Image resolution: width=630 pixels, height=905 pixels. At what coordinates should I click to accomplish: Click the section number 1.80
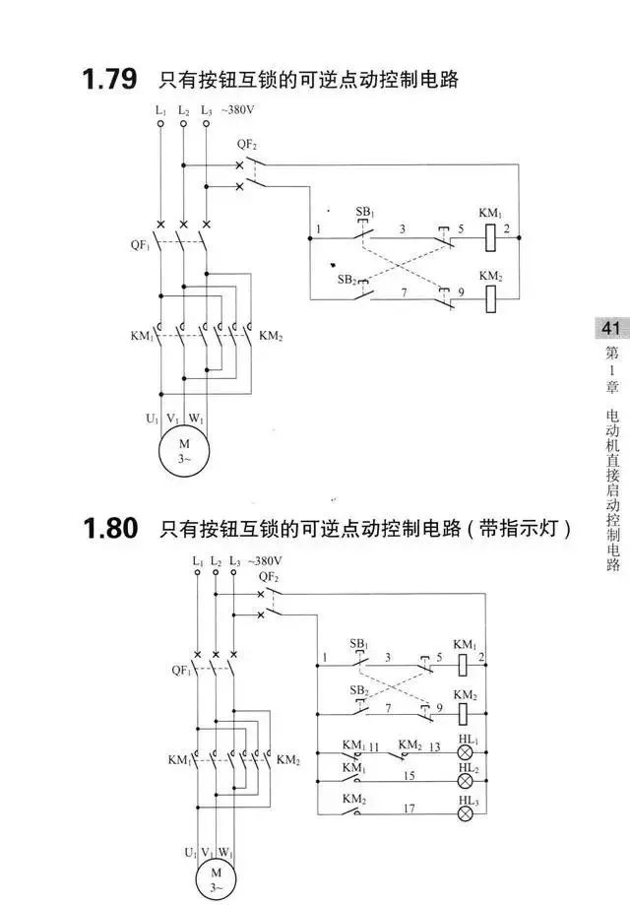coord(109,529)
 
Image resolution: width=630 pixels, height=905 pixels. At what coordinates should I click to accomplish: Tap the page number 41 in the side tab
coord(610,327)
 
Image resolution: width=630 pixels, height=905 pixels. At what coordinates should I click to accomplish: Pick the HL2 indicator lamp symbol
coord(467,778)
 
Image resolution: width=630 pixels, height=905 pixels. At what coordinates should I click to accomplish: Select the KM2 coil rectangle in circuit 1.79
coord(489,297)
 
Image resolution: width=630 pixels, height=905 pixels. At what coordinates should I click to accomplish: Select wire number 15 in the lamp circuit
coord(409,776)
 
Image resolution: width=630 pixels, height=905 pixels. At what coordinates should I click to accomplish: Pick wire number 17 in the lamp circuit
coord(409,809)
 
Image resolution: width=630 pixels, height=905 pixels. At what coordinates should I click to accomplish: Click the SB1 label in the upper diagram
coord(364,212)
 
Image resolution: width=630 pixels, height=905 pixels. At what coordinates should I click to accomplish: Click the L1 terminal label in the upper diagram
coord(159,112)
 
